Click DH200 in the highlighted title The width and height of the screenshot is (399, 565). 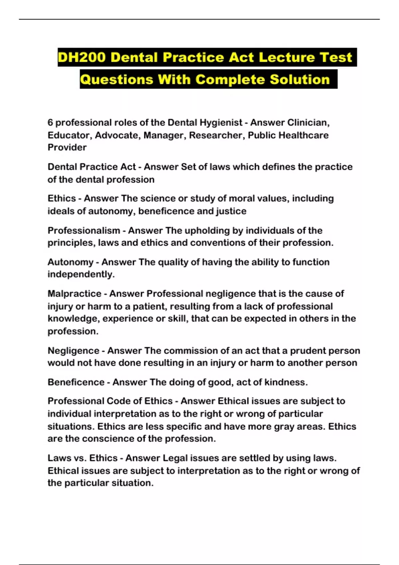81,57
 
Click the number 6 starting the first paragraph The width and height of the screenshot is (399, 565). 50,123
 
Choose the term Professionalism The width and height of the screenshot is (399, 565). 84,230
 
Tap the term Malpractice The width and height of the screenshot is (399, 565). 74,293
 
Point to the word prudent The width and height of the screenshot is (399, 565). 307,351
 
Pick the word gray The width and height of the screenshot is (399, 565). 284,426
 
